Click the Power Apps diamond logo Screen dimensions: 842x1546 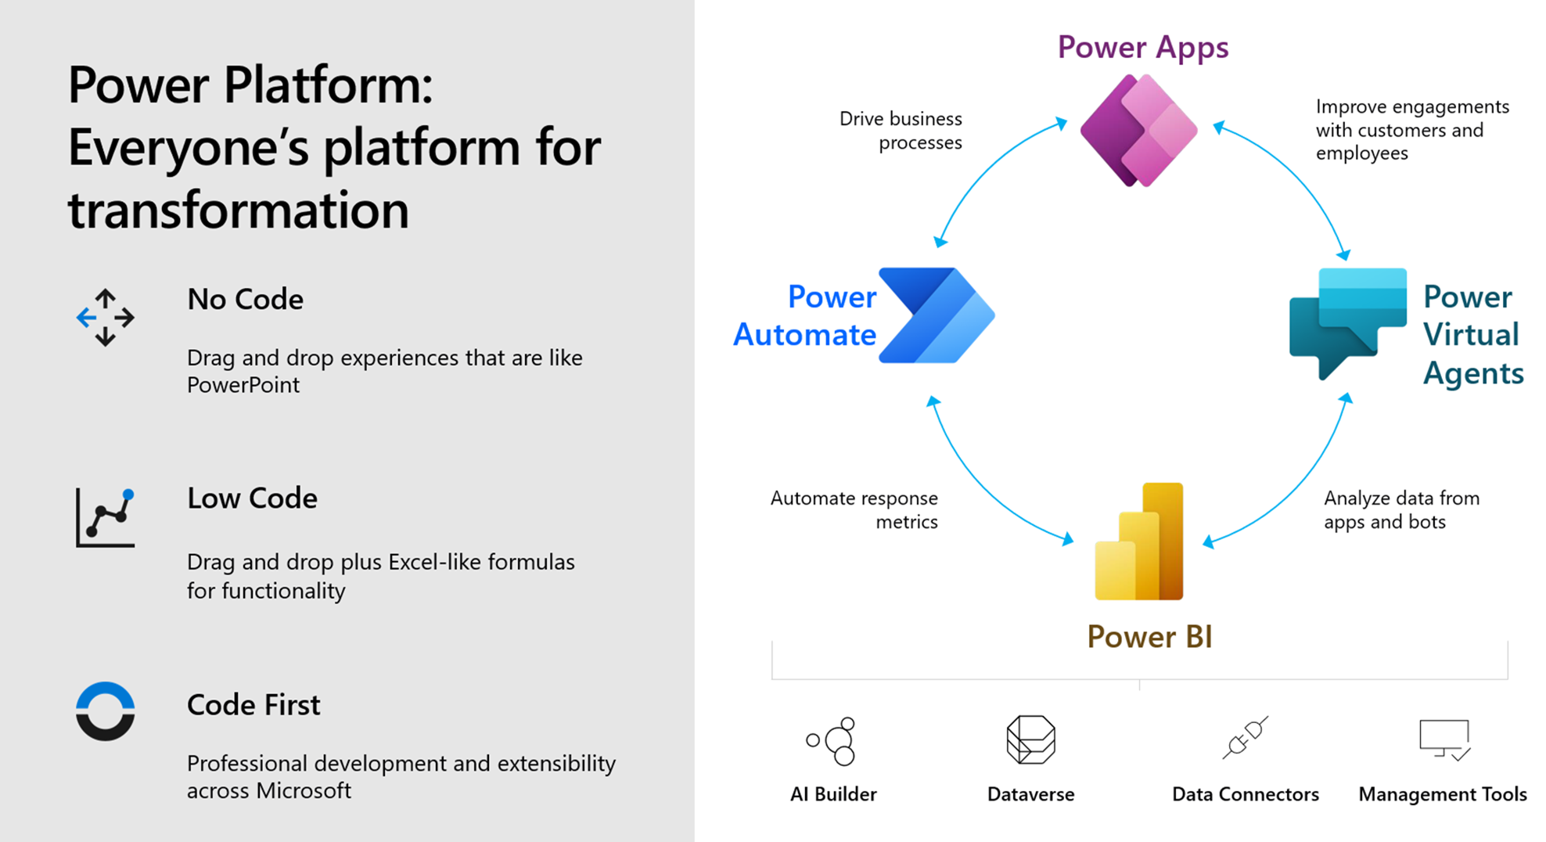(x=1138, y=131)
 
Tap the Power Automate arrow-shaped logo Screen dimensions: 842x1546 (x=936, y=315)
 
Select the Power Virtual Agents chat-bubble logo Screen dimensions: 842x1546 (x=1347, y=322)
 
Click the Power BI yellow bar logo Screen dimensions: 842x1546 (x=1139, y=542)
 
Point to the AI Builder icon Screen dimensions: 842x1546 (x=833, y=740)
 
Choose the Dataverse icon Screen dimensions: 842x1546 (x=1030, y=739)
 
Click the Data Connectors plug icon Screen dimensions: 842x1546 (x=1244, y=737)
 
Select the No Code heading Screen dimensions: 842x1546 (x=245, y=299)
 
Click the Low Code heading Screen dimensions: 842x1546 (x=252, y=498)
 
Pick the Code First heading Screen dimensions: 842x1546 (x=253, y=704)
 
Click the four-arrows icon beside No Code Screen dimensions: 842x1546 (x=106, y=318)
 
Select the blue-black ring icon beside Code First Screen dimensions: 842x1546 (x=106, y=711)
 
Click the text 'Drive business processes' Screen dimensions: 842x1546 (x=901, y=131)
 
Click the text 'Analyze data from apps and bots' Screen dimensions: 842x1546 (x=1400, y=509)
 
